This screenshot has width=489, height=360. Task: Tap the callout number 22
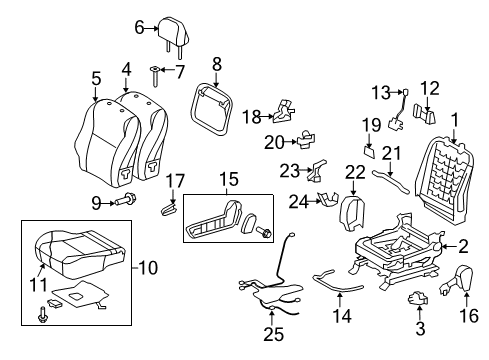pyautogui.click(x=355, y=173)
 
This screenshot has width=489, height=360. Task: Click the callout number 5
pyautogui.click(x=96, y=78)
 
